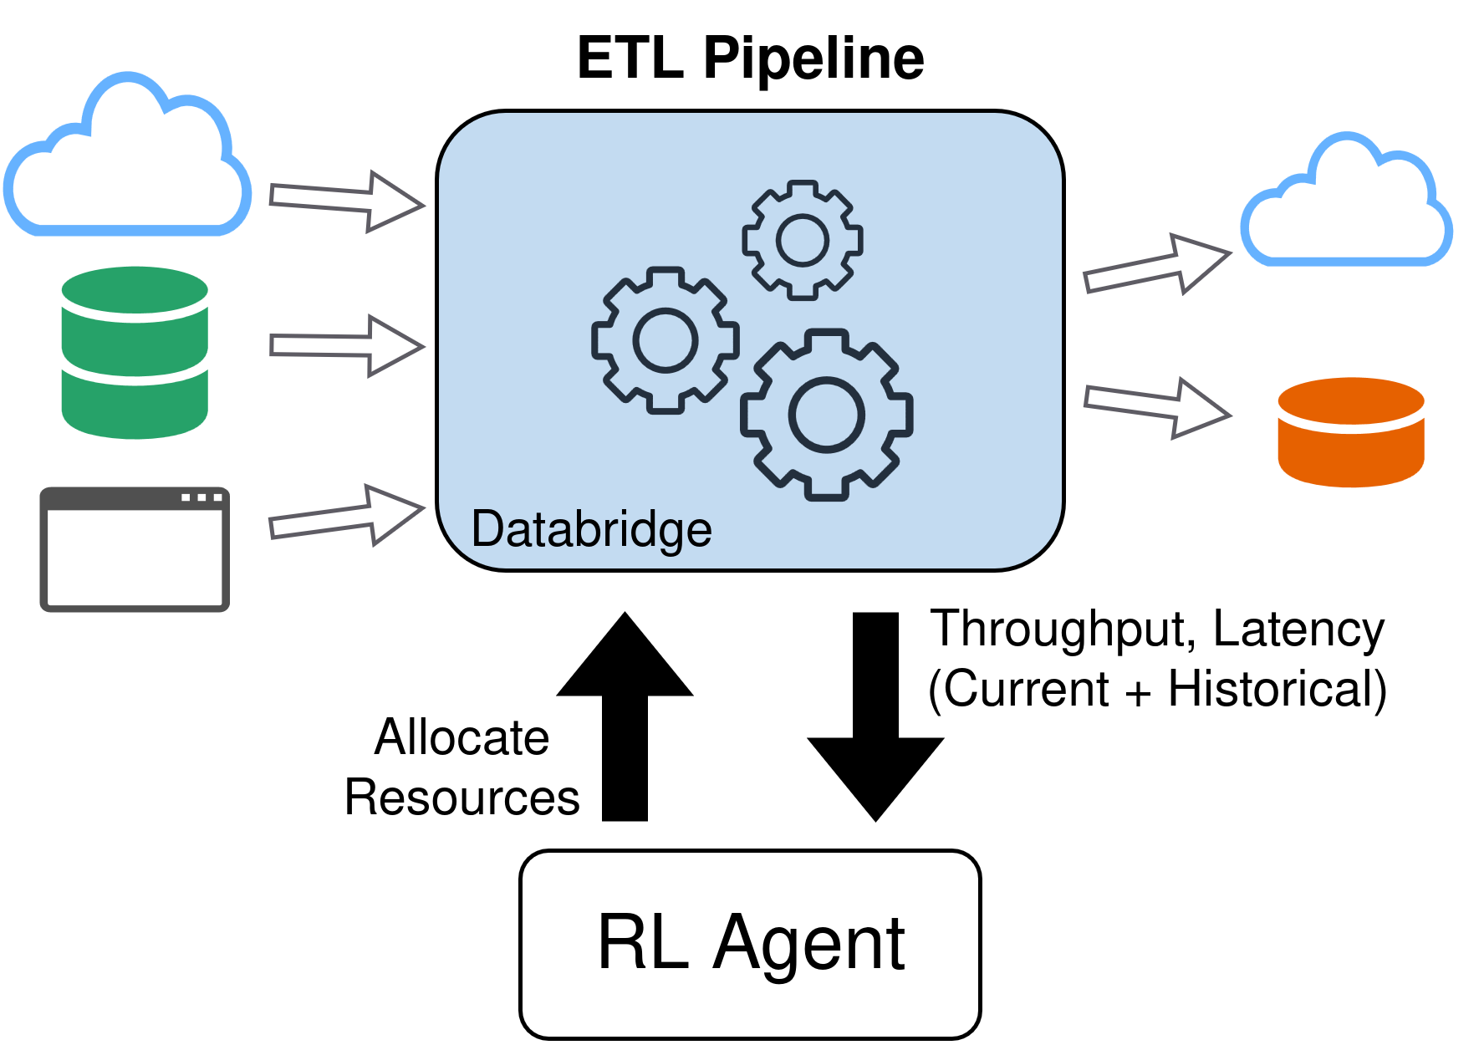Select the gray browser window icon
pos(135,549)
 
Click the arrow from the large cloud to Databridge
pos(346,201)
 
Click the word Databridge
pos(591,529)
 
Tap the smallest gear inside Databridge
pos(803,240)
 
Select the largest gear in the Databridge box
pos(826,415)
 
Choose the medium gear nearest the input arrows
pos(665,340)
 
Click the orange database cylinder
pos(1350,432)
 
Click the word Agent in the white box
pos(808,943)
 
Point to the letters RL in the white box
pos(642,943)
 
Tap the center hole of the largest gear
pos(826,415)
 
